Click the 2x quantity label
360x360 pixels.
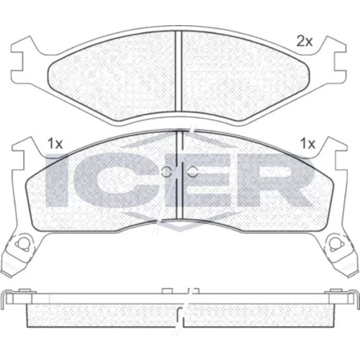[305, 42]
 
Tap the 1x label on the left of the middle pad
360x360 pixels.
[55, 144]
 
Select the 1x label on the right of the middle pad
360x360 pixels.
[307, 144]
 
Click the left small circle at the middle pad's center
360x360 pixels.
[166, 171]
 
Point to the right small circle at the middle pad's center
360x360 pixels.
[193, 171]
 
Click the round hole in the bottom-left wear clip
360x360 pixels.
[22, 244]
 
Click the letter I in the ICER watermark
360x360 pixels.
[55, 180]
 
